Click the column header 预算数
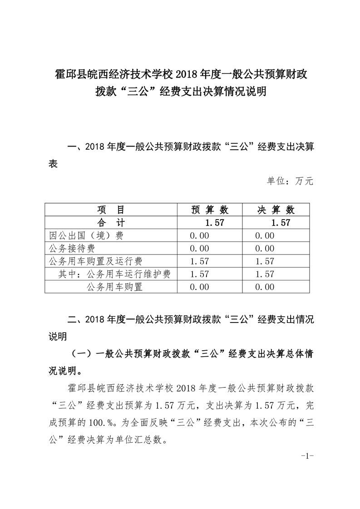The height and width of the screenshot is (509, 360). point(210,210)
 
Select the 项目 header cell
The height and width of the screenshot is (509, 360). point(110,210)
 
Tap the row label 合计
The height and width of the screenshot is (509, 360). point(110,222)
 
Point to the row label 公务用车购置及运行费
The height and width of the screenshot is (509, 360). point(96,261)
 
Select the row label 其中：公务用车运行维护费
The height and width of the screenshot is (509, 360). point(115,274)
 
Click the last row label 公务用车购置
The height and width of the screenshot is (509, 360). point(114,287)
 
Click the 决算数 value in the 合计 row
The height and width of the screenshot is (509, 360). point(280,222)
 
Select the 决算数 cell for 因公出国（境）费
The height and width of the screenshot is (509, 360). point(265,235)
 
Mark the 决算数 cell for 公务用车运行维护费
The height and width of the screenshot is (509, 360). point(265,274)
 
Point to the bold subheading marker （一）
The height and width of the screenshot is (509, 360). point(82,354)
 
